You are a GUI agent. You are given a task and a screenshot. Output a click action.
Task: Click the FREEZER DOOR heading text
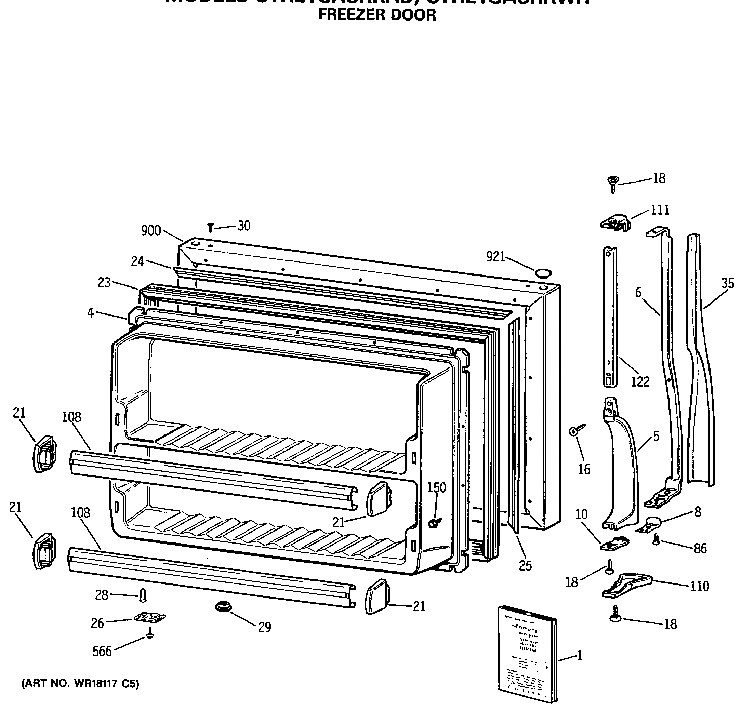[x=377, y=15]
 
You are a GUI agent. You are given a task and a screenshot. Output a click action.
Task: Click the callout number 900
[x=151, y=230]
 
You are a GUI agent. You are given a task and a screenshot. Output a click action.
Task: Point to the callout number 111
[x=660, y=210]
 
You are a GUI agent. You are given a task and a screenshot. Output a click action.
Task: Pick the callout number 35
[x=728, y=283]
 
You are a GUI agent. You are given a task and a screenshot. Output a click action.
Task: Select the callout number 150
[x=436, y=487]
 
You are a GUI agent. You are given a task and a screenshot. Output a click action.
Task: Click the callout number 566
[x=102, y=652]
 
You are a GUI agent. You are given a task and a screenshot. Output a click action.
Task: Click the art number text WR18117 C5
[x=80, y=684]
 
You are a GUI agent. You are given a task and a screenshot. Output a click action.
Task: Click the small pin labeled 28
[x=143, y=595]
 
